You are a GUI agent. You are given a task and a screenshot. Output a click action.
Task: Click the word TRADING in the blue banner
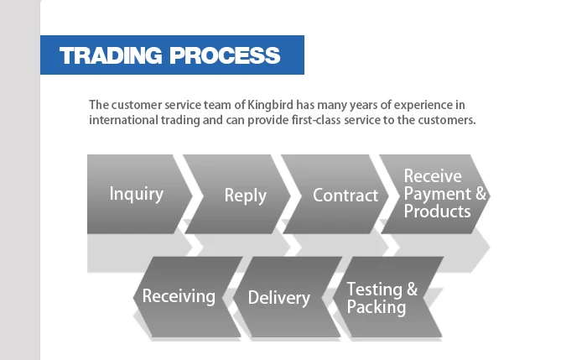coord(111,55)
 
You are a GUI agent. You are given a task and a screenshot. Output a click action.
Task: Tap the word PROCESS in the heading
coord(225,55)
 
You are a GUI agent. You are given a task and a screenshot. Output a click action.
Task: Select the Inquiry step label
coord(136,194)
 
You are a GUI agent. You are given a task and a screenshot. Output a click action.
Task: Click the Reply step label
coord(245,196)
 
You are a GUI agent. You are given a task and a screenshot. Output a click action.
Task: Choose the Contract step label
coord(345,196)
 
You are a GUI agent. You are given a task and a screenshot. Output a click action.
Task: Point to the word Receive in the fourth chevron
coord(433,176)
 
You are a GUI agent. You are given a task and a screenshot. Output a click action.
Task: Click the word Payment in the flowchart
coord(438,194)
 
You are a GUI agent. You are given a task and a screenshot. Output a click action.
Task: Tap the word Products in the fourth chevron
coord(437,211)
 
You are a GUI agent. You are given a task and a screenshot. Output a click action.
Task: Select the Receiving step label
coord(179,296)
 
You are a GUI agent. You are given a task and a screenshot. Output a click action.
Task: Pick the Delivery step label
coord(279,298)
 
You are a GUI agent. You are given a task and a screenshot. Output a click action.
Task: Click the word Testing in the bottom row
coord(375,290)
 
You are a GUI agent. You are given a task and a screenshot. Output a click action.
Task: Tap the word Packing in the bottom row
coord(377,307)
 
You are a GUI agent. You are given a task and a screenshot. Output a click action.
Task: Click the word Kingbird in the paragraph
coord(270,105)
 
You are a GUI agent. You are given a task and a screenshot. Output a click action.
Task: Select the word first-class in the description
coord(321,120)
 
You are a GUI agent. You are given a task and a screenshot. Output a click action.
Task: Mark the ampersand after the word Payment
coord(481,193)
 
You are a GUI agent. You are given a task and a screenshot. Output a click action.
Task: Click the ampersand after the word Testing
coord(412,289)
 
